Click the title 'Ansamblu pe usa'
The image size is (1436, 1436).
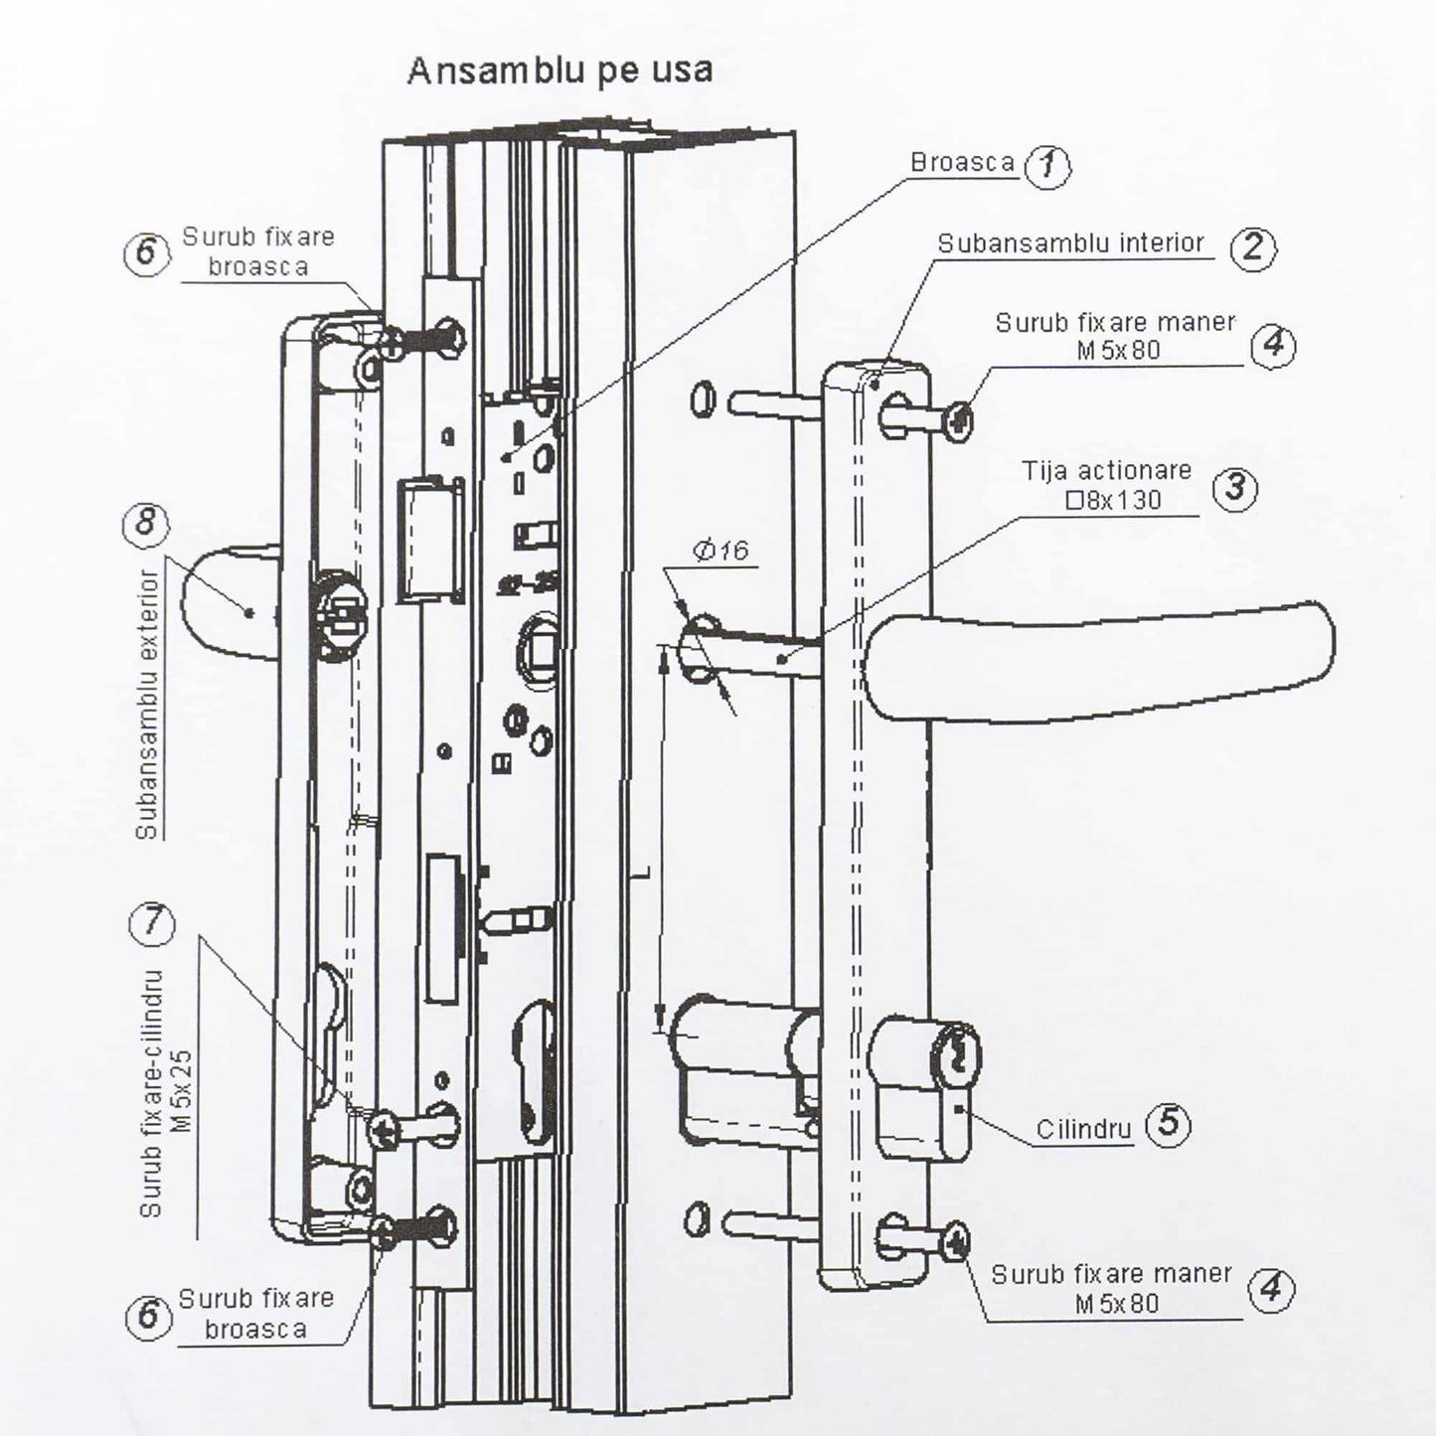559,71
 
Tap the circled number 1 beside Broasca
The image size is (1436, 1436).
1047,166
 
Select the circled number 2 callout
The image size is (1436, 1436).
1252,246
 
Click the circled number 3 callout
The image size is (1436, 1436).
1235,488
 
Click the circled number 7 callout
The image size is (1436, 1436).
151,923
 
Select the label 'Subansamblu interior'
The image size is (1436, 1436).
1070,243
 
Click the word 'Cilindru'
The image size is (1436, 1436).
1083,1130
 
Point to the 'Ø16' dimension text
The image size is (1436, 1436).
721,550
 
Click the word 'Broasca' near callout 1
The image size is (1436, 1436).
962,163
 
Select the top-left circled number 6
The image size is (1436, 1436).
146,252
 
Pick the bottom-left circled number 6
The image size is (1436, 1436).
147,1316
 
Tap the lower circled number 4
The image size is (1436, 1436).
1270,1290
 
